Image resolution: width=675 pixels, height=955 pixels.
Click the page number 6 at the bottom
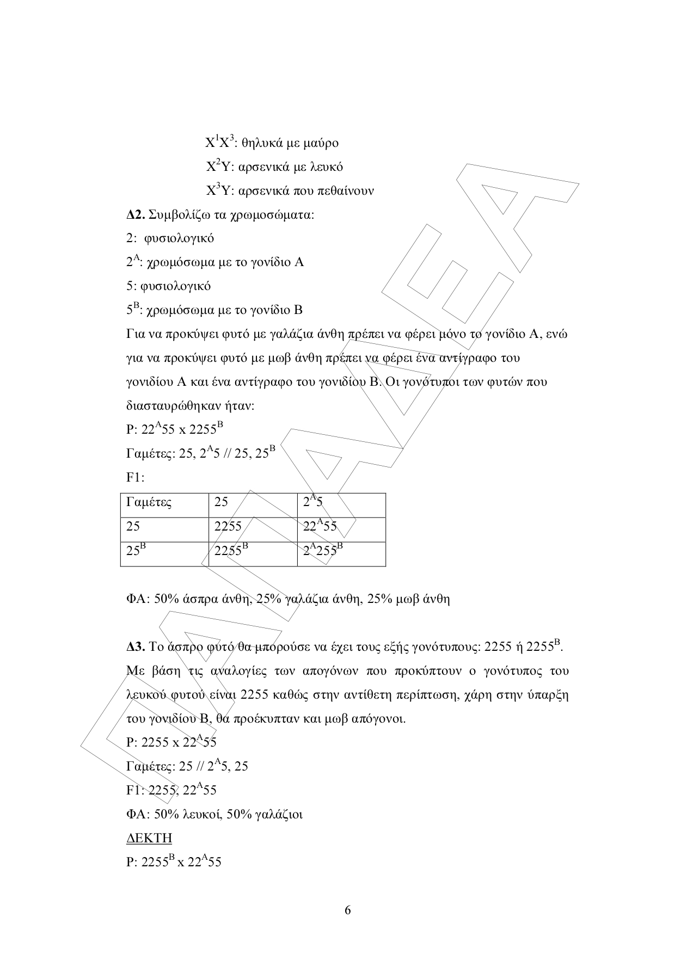[348, 910]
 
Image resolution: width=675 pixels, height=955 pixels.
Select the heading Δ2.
[136, 214]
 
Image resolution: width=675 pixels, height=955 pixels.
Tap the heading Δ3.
[136, 647]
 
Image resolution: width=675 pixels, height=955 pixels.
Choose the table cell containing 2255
[228, 526]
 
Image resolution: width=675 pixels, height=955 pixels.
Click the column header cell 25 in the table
[221, 502]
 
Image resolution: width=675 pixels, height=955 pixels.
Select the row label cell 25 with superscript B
[133, 550]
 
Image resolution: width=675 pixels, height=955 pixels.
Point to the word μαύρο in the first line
[320, 143]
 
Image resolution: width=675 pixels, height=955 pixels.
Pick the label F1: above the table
[136, 478]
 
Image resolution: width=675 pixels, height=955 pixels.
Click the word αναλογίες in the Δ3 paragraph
[238, 671]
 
